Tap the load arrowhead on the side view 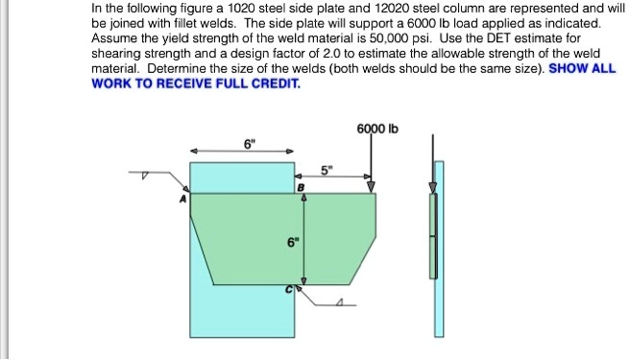[433, 187]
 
